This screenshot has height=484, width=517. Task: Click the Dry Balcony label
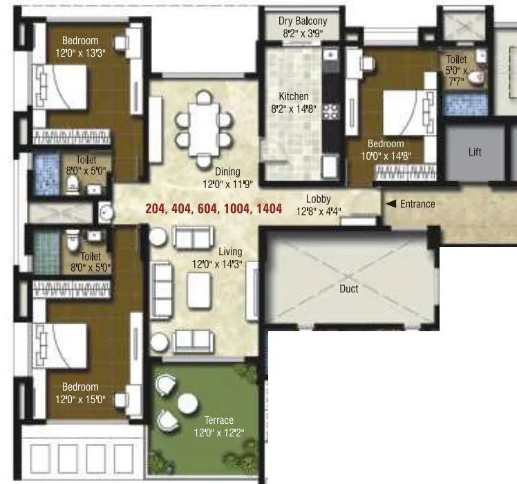coord(303,21)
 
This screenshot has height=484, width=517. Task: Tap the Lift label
coord(475,152)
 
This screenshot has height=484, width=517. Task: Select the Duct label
coord(349,288)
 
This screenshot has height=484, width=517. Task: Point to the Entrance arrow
coord(391,204)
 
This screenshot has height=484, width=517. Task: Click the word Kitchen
coord(294,97)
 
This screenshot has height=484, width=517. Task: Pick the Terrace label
coord(218,420)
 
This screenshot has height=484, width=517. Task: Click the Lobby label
coord(319,199)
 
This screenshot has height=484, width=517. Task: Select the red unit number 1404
coord(268,208)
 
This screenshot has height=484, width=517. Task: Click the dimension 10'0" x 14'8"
coord(386,156)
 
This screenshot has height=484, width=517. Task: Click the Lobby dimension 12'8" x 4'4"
coord(319,211)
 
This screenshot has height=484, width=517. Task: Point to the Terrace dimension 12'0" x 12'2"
coord(218,433)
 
